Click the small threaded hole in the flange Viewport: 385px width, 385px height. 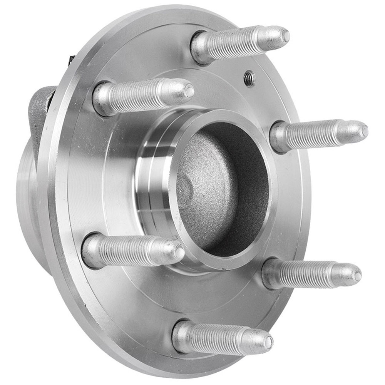tap(249, 79)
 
